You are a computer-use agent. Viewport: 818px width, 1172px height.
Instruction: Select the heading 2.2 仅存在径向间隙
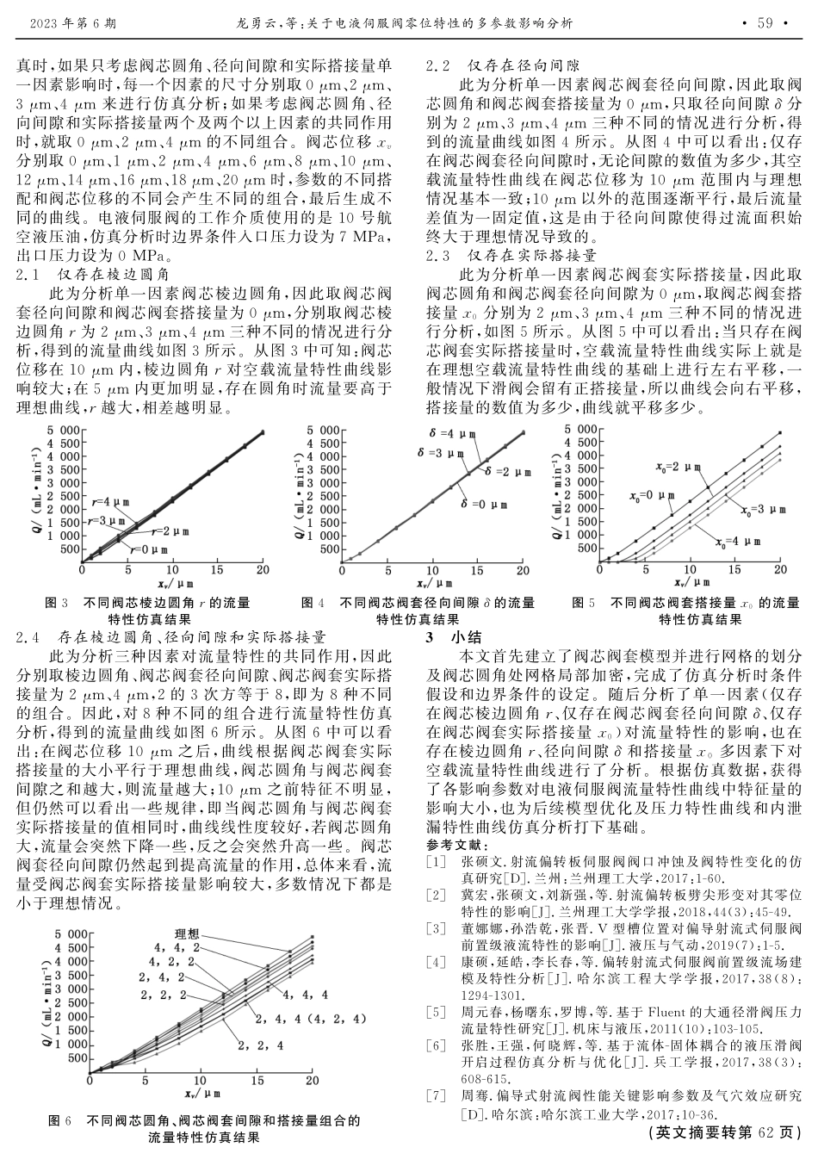(503, 65)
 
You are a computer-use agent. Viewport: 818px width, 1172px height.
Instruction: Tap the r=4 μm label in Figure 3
(109, 501)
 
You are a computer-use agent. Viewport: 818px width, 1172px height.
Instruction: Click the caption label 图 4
(313, 603)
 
